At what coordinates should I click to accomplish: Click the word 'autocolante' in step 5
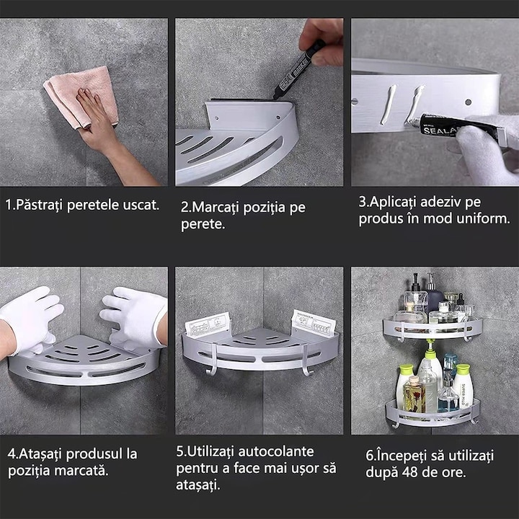(x=276, y=451)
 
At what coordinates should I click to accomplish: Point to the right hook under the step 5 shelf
(x=306, y=360)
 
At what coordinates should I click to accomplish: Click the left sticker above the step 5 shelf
(x=208, y=324)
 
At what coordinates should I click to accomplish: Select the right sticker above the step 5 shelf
(x=313, y=322)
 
